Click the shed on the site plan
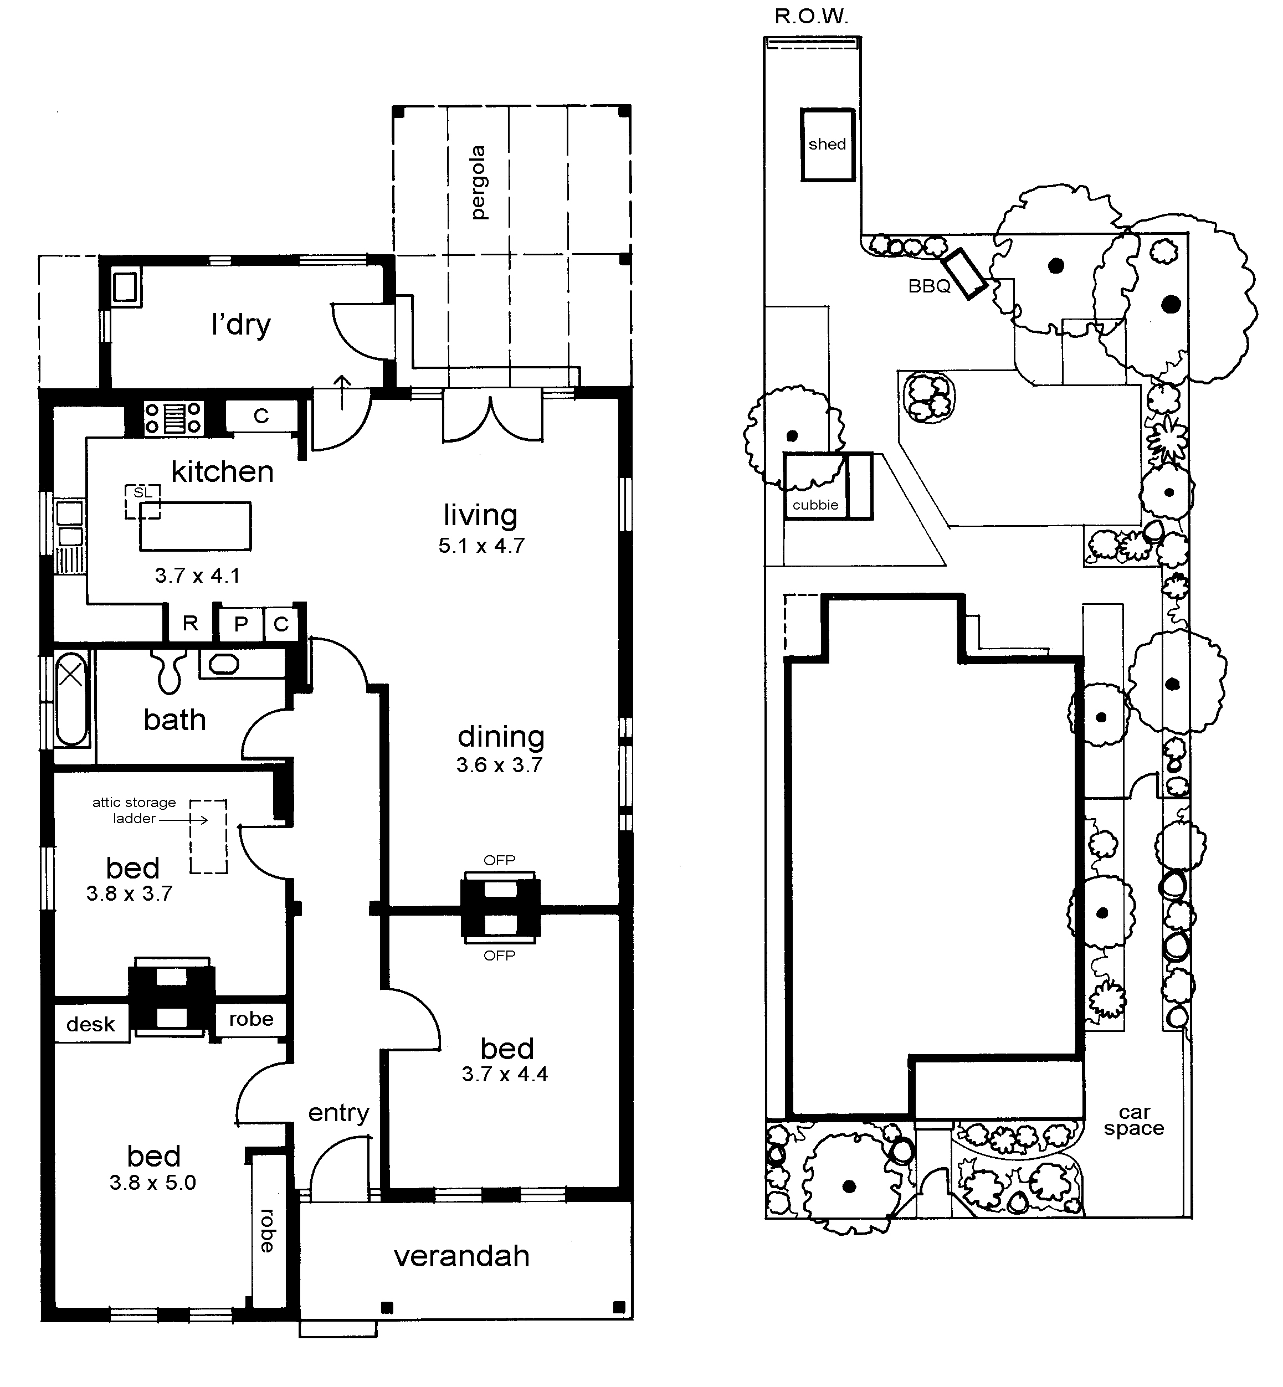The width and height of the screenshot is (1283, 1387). point(827,145)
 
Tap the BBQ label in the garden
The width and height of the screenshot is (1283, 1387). point(929,286)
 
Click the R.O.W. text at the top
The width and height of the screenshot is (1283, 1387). point(812,17)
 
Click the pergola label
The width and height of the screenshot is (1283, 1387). point(478,183)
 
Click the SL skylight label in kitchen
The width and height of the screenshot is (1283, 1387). point(142,493)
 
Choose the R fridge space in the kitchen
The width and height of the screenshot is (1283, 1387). point(190,623)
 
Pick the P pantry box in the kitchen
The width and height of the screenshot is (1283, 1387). point(241,623)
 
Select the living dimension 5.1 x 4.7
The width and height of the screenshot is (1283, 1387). point(481,546)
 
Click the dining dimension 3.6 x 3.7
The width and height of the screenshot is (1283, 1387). point(499,765)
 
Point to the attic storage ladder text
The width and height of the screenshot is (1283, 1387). point(134,810)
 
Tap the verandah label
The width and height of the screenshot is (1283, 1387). point(461,1256)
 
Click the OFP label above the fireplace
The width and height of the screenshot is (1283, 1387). point(499,860)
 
